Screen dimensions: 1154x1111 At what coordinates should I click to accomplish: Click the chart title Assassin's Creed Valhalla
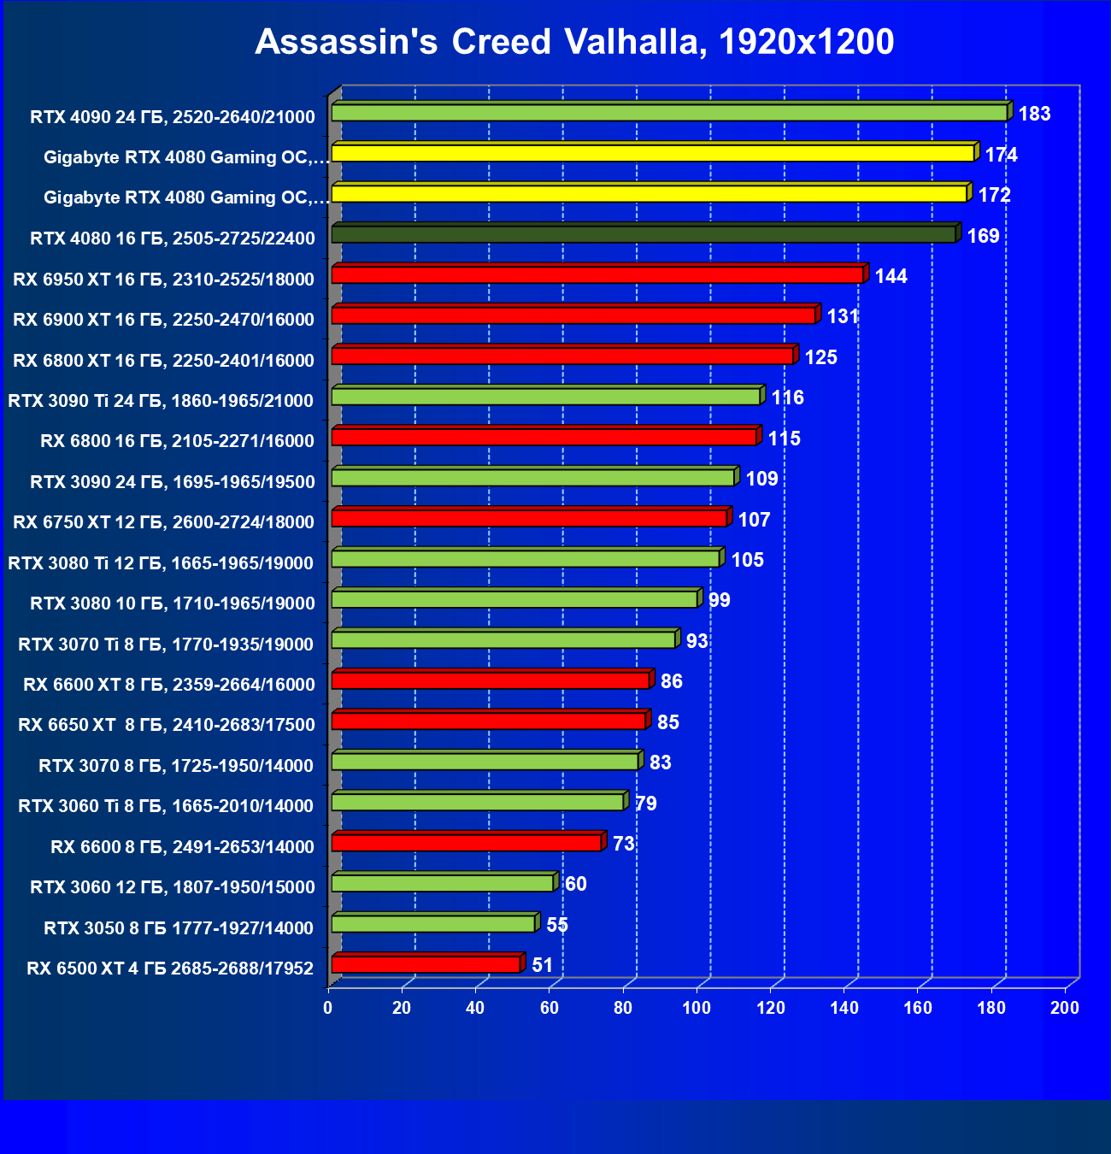574,42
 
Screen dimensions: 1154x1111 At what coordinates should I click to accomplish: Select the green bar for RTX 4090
669,113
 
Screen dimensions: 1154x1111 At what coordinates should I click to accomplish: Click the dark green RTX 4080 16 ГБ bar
644,234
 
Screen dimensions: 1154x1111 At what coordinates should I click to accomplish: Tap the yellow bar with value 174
653,153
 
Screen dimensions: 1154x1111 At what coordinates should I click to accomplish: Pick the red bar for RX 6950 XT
597,274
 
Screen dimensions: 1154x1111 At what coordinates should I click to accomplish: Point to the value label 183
1034,114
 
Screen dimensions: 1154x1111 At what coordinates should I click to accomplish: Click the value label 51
542,965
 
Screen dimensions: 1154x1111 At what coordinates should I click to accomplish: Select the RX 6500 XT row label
170,969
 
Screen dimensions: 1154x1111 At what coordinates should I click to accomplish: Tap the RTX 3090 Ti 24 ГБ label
161,401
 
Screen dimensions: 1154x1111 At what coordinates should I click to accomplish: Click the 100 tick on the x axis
697,1008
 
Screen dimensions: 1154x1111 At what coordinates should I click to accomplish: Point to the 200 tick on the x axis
1065,1008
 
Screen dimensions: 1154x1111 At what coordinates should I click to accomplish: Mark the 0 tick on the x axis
328,1008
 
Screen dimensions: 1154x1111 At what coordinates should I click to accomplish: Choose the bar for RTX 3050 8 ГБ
433,924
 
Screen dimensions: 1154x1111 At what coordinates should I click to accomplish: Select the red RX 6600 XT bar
491,680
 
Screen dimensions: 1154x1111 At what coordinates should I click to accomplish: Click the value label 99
720,600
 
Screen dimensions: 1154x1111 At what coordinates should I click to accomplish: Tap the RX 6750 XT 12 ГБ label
163,522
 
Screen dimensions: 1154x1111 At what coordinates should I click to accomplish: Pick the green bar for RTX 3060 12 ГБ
443,883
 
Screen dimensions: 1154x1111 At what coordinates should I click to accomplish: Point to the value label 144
891,276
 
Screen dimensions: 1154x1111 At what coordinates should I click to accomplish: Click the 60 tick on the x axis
549,1008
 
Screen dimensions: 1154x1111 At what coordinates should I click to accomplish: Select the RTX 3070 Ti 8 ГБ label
166,645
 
